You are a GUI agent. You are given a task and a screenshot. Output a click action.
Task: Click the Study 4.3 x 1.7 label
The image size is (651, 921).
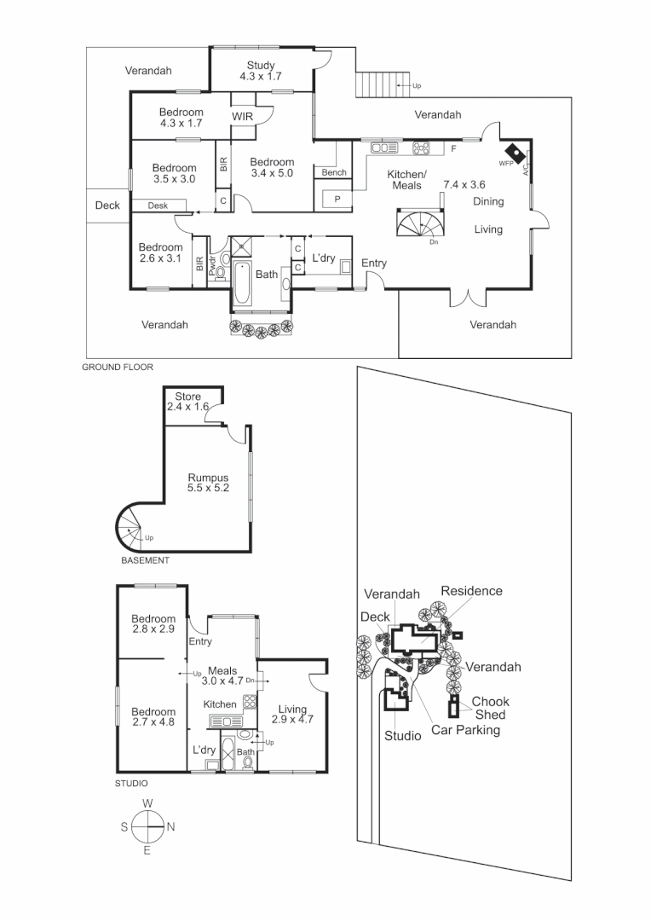(x=261, y=71)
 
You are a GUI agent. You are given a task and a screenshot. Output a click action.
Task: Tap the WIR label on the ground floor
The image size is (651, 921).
(x=243, y=119)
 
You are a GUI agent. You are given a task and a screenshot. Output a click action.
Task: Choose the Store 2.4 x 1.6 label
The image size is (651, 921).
(x=187, y=402)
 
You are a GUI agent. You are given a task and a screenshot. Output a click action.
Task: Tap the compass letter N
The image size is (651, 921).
(x=170, y=825)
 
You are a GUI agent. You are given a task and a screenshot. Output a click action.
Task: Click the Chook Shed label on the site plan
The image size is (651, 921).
(x=490, y=708)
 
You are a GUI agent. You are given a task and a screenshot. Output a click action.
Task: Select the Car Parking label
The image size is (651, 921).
(x=465, y=730)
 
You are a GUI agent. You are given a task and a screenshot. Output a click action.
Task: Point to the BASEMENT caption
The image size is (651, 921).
(x=144, y=561)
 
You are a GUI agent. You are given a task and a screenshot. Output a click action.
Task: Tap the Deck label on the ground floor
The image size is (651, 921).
(x=107, y=206)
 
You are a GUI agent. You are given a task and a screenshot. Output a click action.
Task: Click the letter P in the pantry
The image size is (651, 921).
(x=337, y=199)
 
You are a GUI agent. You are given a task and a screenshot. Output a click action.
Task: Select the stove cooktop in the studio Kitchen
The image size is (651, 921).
(x=250, y=704)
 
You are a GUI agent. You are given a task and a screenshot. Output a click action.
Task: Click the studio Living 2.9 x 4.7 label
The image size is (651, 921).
(x=292, y=714)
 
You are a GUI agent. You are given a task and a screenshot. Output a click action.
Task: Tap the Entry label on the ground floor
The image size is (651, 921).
(x=374, y=264)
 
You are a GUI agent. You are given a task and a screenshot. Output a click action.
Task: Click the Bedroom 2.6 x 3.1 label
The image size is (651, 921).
(x=160, y=253)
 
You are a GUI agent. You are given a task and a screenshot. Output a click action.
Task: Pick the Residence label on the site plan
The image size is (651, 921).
(x=471, y=591)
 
